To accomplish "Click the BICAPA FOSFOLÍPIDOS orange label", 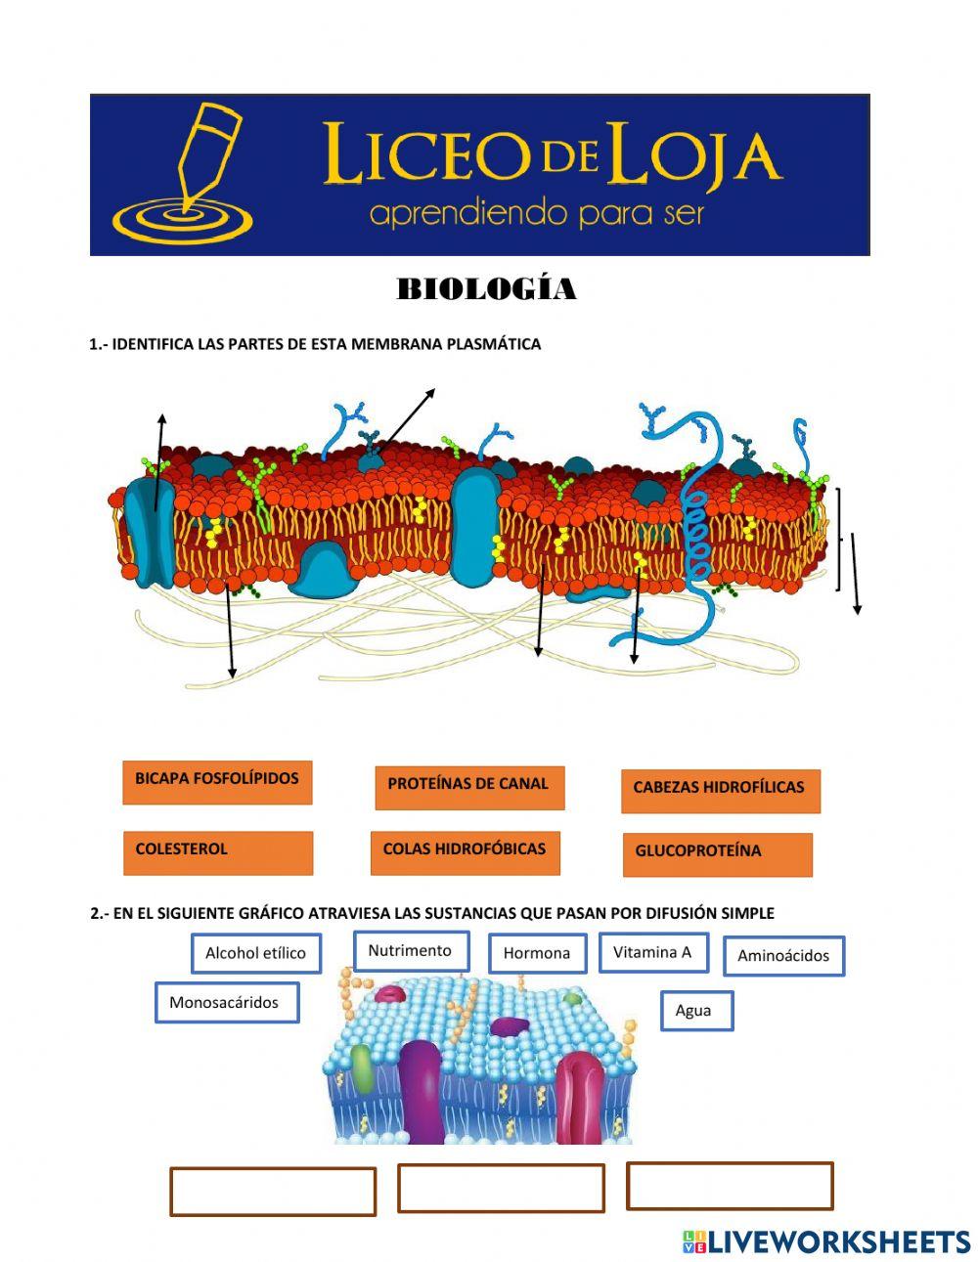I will tap(217, 782).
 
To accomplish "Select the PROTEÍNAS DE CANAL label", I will tap(469, 787).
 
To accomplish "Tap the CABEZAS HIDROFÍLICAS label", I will tap(720, 791).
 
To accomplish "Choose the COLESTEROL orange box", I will tap(217, 852).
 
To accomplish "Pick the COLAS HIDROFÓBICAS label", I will tap(466, 852).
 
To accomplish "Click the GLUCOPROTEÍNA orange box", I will tap(717, 854).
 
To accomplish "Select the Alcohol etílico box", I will tap(256, 953).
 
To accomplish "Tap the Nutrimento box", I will tap(411, 951).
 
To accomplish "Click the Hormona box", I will tap(537, 953).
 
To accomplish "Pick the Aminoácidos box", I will tap(783, 956).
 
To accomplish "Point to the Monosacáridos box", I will tap(226, 1003).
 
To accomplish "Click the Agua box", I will tap(695, 1011).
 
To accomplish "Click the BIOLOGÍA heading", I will tap(486, 289).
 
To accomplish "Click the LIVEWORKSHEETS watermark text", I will tap(839, 1241).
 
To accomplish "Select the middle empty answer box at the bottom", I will tap(501, 1188).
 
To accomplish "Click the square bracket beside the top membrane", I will tap(837, 539).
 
